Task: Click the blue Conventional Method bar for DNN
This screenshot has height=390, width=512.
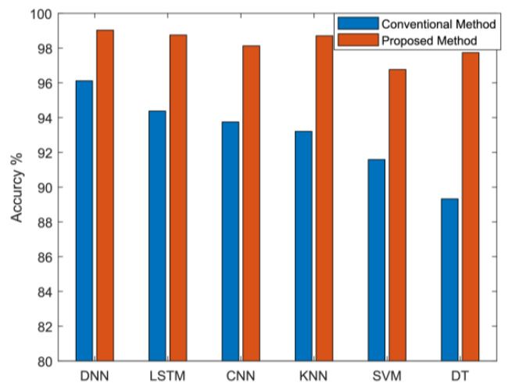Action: point(84,221)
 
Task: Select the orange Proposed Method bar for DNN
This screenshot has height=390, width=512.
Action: point(106,196)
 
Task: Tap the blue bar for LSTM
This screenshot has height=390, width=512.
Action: point(157,236)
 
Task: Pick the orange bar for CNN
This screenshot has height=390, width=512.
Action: point(252,204)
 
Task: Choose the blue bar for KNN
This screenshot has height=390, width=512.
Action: point(303,246)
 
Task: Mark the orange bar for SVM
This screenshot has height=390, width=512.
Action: point(397,215)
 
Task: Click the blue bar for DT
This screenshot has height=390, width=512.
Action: point(449,280)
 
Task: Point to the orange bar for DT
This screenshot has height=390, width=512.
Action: point(471,207)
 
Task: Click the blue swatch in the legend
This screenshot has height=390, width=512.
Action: point(358,23)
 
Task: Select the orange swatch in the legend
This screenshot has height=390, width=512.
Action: point(358,40)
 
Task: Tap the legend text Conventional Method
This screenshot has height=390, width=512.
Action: point(439,23)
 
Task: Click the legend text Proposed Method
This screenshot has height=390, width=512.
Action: point(429,41)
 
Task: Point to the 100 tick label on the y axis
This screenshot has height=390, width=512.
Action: point(41,14)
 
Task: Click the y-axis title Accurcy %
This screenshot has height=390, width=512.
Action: point(16,188)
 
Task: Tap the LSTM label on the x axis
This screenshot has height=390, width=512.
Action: point(167,376)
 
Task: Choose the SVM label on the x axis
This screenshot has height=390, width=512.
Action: point(387,376)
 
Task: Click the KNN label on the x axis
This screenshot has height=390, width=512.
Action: point(313,376)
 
